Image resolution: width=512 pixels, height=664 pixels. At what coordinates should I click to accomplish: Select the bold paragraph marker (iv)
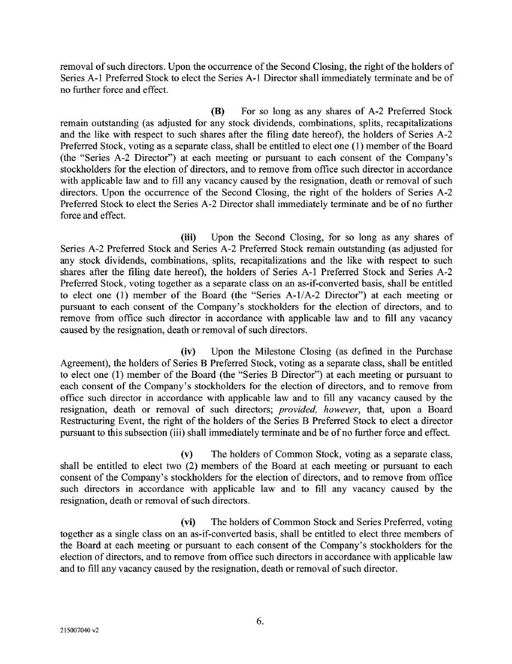188,351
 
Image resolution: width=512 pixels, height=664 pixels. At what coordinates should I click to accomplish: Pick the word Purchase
431,351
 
